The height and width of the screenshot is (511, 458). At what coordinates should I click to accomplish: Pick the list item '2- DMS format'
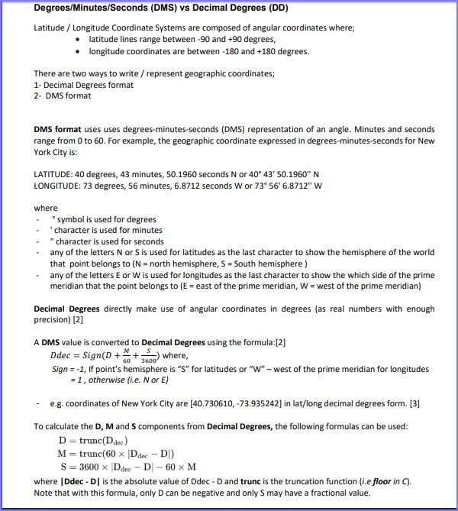tap(63, 95)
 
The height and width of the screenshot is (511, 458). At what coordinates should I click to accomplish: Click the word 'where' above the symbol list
tap(46, 208)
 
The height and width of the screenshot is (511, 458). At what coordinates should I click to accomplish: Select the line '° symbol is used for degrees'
tap(103, 219)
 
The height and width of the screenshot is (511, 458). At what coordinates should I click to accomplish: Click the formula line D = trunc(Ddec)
tap(93, 441)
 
